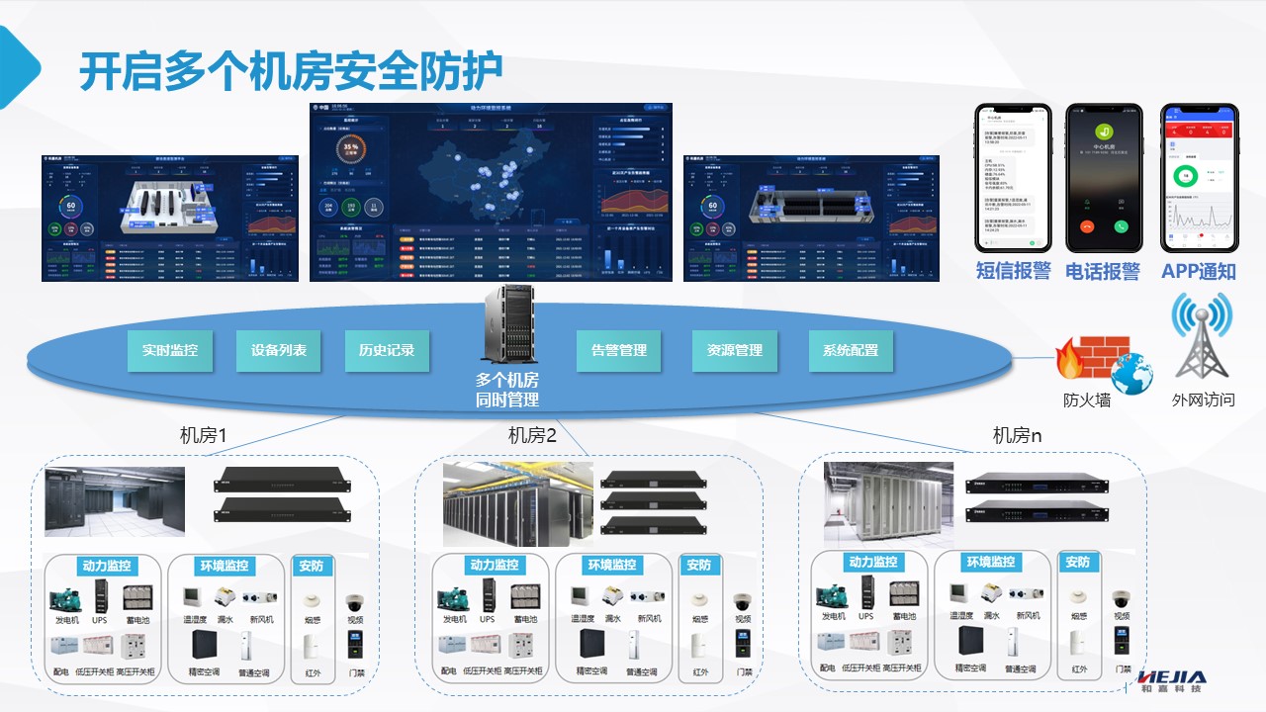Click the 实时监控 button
170,350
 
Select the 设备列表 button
279,350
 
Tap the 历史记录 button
387,350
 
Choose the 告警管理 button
619,350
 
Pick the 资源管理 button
735,350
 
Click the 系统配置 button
851,350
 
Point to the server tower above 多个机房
507,323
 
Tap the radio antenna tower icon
1202,341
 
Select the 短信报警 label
1013,271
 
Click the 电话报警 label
1103,271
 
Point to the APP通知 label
1199,271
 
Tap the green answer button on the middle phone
1121,225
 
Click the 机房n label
1017,435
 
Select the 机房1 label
204,435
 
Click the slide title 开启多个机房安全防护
291,71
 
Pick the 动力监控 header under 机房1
107,567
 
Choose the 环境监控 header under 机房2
612,565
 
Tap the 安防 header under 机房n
1077,562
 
